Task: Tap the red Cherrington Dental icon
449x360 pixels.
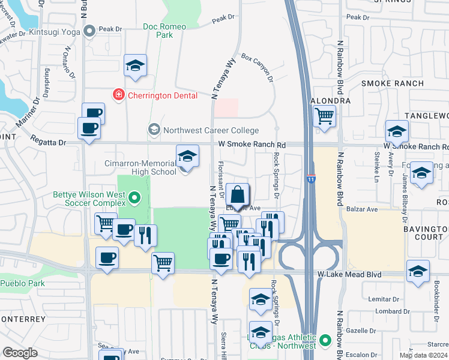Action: pyautogui.click(x=119, y=94)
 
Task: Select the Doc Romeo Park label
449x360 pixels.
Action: pyautogui.click(x=164, y=31)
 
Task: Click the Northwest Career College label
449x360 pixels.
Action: pyautogui.click(x=211, y=130)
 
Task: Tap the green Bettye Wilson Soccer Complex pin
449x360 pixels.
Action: pyautogui.click(x=134, y=196)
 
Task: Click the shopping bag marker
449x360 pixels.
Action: pyautogui.click(x=238, y=194)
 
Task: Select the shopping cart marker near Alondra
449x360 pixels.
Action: pyautogui.click(x=324, y=115)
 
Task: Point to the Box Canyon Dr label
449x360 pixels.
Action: pyautogui.click(x=257, y=67)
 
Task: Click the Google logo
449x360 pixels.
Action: pyautogui.click(x=20, y=353)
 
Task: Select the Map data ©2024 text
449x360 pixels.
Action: pyautogui.click(x=423, y=355)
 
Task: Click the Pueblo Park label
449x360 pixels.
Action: pyautogui.click(x=19, y=283)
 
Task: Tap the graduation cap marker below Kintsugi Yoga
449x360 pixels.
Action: pyautogui.click(x=136, y=65)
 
